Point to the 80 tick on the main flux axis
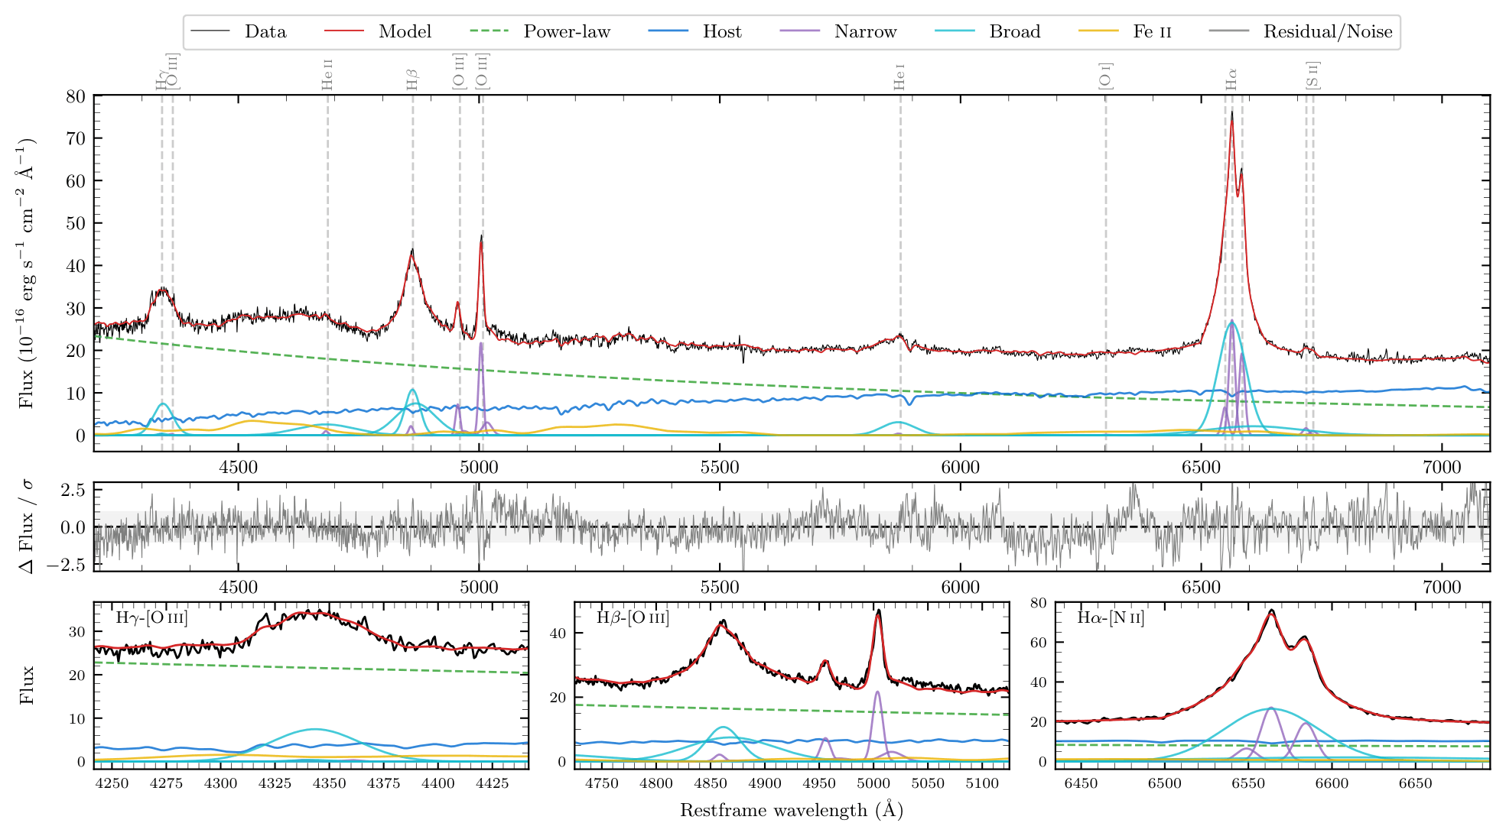[x=76, y=96]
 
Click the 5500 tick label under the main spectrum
[x=720, y=468]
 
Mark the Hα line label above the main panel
[x=1231, y=79]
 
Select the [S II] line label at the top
[x=1312, y=75]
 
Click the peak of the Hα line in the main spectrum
[x=1231, y=112]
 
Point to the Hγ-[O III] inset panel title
[x=151, y=617]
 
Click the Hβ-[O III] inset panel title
[x=633, y=617]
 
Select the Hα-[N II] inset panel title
[x=1111, y=617]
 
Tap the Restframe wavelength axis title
[x=792, y=810]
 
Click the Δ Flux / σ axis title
[x=27, y=527]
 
